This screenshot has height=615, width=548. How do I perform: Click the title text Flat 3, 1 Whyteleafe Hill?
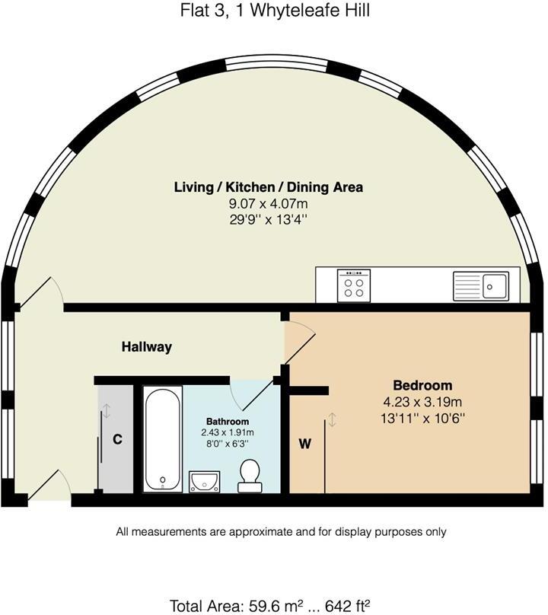pyautogui.click(x=273, y=11)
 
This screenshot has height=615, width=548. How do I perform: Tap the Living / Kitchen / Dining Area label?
pyautogui.click(x=268, y=186)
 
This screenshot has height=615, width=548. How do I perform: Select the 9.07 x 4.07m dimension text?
pyautogui.click(x=268, y=203)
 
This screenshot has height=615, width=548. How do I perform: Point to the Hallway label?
pyautogui.click(x=147, y=347)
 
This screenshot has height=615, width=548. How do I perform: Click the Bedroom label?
pyautogui.click(x=422, y=385)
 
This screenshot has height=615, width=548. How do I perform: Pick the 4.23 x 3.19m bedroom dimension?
pyautogui.click(x=422, y=401)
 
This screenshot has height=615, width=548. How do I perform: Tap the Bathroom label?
pyautogui.click(x=228, y=422)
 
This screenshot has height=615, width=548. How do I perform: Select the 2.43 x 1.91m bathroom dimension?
pyautogui.click(x=228, y=432)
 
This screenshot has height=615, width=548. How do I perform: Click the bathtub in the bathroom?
pyautogui.click(x=163, y=438)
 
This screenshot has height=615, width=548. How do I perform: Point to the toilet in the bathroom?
pyautogui.click(x=250, y=476)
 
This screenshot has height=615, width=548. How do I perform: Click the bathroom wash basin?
pyautogui.click(x=204, y=481)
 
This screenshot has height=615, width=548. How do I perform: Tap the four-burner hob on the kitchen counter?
pyautogui.click(x=354, y=286)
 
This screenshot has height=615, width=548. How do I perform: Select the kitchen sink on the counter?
pyautogui.click(x=481, y=286)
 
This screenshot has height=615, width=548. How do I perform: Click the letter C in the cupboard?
pyautogui.click(x=117, y=439)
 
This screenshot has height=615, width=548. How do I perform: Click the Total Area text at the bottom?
pyautogui.click(x=270, y=606)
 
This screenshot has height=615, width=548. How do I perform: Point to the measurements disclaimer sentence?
pyautogui.click(x=281, y=532)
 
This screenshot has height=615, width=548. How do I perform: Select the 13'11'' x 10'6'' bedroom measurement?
pyautogui.click(x=422, y=417)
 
